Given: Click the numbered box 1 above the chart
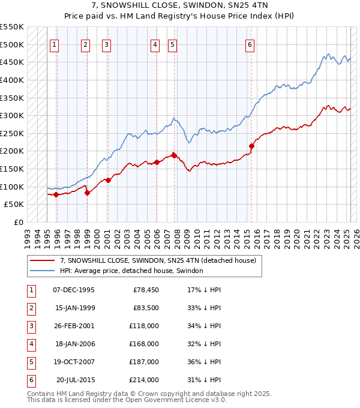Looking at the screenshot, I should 55,44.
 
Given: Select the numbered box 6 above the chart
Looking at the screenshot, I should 250,44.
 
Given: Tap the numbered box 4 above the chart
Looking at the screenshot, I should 155,44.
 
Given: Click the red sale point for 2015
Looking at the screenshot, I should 251,145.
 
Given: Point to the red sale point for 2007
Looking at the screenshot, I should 174,155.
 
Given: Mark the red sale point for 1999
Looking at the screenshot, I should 87,193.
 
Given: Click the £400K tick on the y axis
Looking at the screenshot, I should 12,80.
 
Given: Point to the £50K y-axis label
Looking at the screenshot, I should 14,205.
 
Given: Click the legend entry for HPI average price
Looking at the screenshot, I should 131,271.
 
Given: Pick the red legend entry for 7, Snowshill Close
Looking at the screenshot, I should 158,260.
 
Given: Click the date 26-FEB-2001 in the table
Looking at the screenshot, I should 74,326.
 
